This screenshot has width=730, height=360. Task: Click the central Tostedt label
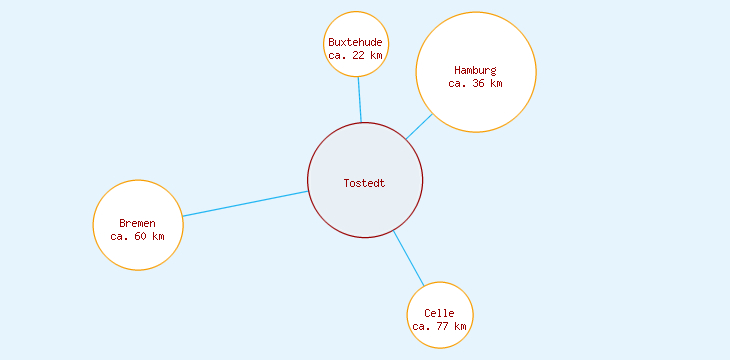point(364,183)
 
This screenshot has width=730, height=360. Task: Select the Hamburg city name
point(475,70)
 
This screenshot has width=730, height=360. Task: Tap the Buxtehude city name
point(355,42)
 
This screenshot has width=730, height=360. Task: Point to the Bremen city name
point(137,223)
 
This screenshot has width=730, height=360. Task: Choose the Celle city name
point(439,313)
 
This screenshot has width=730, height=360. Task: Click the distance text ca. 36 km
point(475,83)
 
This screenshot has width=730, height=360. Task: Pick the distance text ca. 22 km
point(355,55)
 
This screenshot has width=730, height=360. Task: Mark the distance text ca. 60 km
point(137,236)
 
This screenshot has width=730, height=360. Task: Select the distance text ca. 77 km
point(439,326)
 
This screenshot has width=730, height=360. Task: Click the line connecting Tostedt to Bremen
point(245,203)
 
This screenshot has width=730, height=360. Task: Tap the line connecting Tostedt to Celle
point(408,257)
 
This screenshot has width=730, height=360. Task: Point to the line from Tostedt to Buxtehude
point(360,100)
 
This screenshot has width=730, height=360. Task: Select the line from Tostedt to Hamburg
point(419,127)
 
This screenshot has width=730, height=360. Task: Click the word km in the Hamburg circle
point(496,83)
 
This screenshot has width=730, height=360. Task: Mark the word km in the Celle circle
point(460,326)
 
